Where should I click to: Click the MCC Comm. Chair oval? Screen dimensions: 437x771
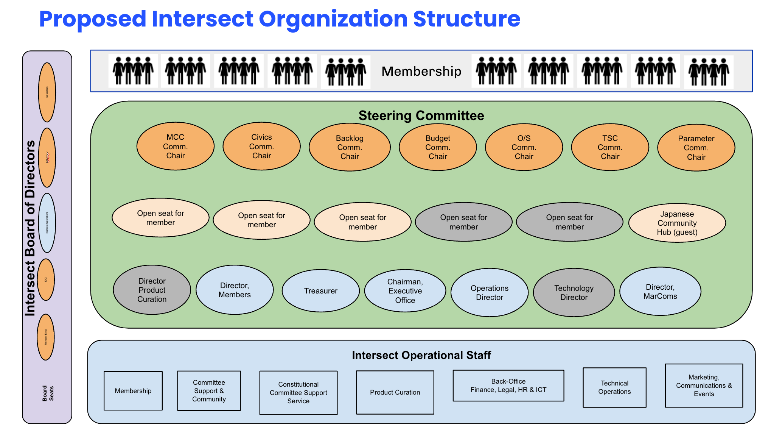point(176,147)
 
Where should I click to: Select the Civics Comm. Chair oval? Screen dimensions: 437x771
point(262,147)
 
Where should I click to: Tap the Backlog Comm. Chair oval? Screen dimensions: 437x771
point(350,147)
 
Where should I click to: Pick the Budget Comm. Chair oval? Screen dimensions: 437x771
point(438,147)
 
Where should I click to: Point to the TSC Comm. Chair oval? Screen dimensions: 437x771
point(610,147)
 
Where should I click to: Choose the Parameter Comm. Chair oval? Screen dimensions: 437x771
point(696,148)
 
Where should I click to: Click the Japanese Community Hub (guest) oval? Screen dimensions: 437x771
point(677,223)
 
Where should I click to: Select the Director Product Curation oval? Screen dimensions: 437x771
point(152,290)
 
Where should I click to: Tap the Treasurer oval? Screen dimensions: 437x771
point(321,291)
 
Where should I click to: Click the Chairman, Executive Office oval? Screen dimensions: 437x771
point(405,291)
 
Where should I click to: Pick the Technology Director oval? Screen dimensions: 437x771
point(574,293)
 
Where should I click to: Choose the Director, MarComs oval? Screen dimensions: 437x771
point(660,292)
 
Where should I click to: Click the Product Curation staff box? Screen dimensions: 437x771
point(395,392)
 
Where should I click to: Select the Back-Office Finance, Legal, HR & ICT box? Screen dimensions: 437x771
point(508,385)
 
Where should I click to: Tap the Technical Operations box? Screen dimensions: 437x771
point(614,387)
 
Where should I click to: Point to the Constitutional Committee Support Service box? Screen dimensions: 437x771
point(298,393)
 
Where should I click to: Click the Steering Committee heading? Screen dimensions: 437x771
point(421,115)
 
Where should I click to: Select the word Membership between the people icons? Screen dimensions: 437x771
point(421,71)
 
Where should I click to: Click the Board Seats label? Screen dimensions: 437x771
point(48,393)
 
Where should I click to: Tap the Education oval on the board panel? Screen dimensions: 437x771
point(47,92)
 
